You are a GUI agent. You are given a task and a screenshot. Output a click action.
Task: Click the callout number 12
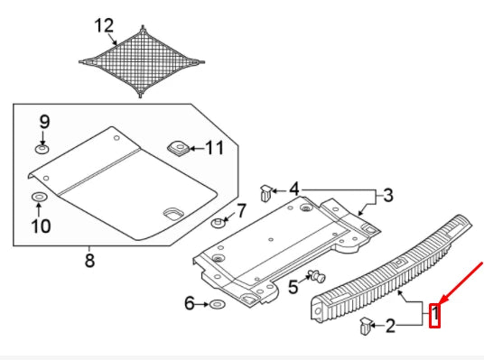106,23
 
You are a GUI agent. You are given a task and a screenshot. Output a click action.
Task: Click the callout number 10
42,225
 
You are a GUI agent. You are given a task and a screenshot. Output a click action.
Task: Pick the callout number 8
89,261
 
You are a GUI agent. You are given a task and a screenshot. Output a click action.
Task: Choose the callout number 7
241,211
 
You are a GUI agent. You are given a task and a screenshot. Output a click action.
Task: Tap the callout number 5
293,286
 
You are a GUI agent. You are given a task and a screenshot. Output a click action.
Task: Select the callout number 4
293,190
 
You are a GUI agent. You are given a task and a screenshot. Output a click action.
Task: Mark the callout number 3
388,195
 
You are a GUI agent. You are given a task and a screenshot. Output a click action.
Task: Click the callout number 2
390,326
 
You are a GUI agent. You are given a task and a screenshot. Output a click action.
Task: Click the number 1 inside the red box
434,315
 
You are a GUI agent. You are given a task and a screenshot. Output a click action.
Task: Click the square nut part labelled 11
177,145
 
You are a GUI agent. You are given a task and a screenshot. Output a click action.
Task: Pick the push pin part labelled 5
315,276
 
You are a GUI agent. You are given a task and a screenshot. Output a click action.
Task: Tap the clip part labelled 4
265,191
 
